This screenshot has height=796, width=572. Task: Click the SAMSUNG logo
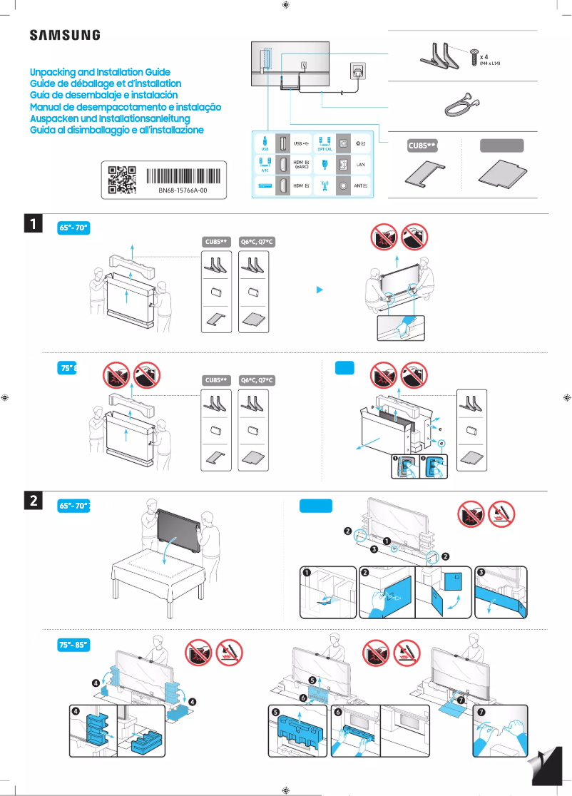tap(64, 36)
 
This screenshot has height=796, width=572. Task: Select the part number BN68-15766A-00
tap(183, 191)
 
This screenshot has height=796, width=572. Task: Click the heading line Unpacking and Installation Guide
tap(100, 73)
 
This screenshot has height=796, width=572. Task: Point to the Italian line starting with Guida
tap(117, 131)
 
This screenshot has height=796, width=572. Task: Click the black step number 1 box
tap(33, 224)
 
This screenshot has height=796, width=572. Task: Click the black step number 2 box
tap(33, 501)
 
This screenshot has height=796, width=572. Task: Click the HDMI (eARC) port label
tap(302, 165)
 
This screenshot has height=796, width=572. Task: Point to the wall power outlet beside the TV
tap(357, 71)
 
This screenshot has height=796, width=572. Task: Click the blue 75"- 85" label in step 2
tap(73, 645)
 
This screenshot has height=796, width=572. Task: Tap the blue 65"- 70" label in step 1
tap(73, 228)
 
